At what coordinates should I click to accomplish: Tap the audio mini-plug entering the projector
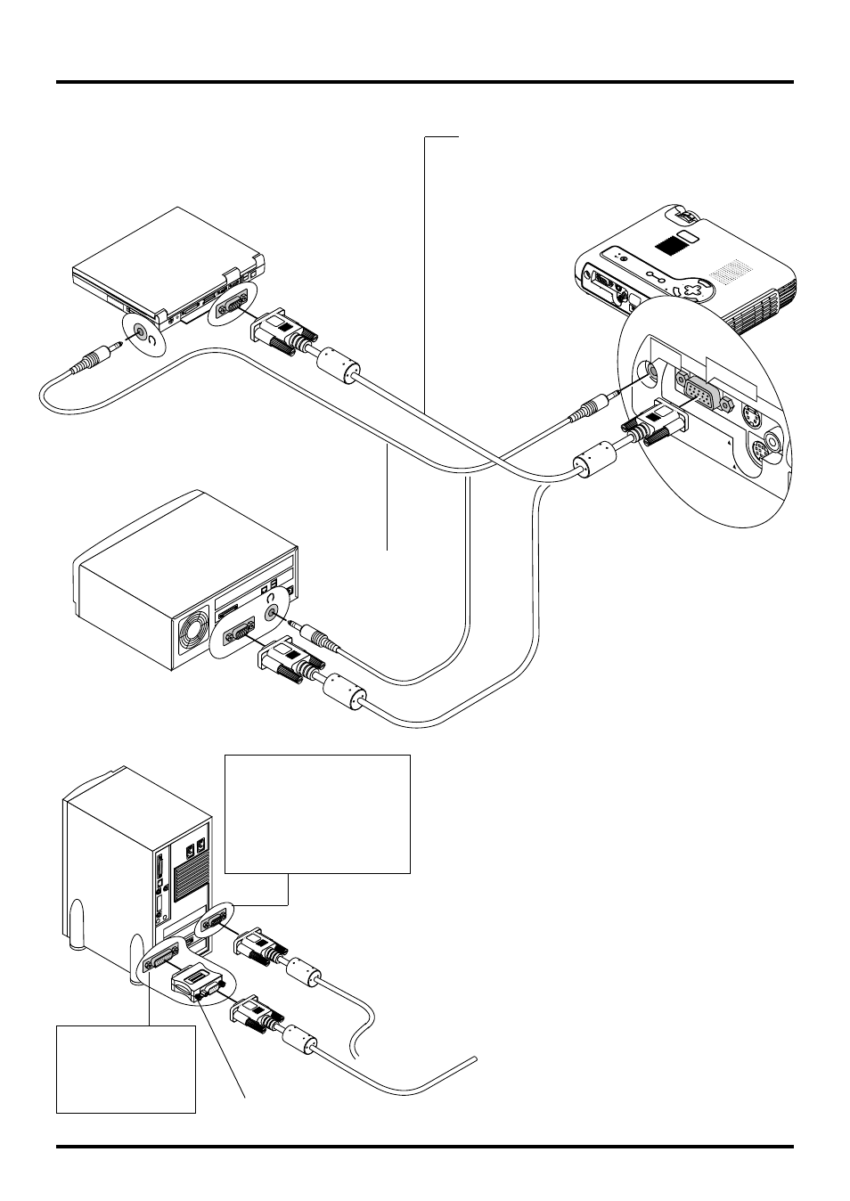tap(589, 409)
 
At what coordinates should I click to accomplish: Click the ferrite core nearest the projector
tap(591, 462)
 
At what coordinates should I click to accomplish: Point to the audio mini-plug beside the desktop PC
tap(319, 638)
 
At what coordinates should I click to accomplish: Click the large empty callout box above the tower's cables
tap(317, 813)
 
